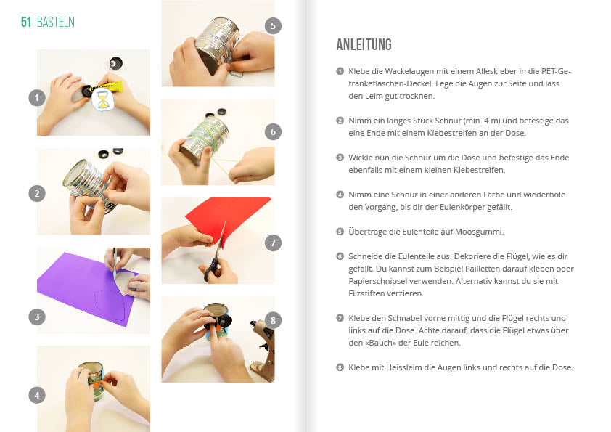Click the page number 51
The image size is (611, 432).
click(26, 22)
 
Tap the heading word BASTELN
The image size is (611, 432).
click(56, 22)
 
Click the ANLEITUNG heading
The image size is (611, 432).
click(364, 44)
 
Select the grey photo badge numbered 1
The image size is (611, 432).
click(37, 97)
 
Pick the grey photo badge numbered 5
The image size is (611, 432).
click(273, 25)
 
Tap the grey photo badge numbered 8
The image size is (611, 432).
click(273, 320)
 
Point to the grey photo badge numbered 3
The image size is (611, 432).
click(37, 317)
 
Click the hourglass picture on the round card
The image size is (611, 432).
click(102, 99)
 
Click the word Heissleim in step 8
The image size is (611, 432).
click(403, 367)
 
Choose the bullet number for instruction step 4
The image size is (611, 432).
click(340, 195)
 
